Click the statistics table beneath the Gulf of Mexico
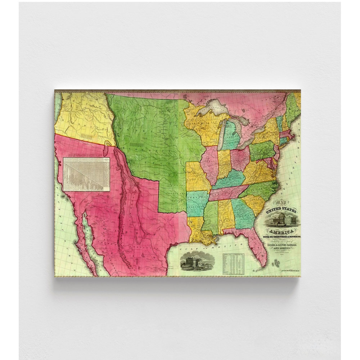pyautogui.click(x=233, y=264)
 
